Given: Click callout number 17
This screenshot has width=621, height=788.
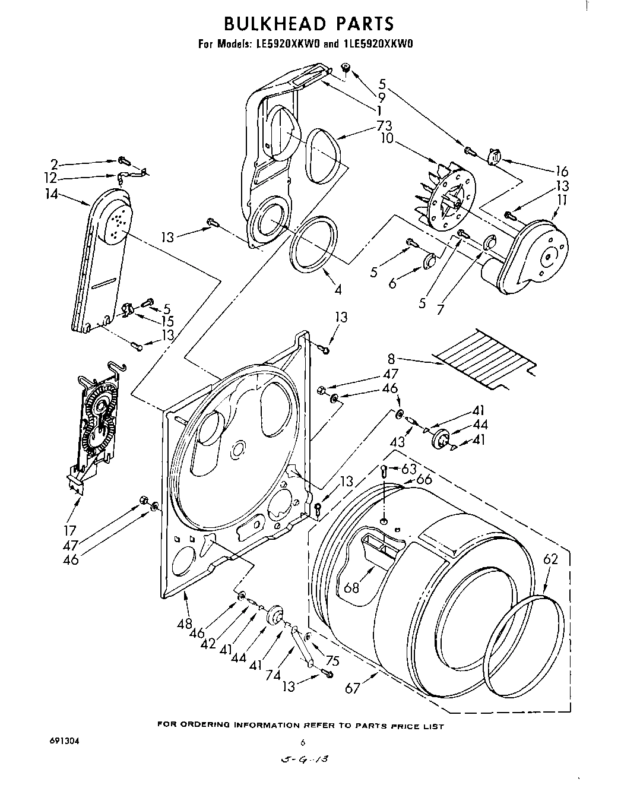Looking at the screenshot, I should tap(70, 530).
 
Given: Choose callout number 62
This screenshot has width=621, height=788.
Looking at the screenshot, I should tap(552, 559).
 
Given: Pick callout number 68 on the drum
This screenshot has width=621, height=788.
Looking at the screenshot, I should tap(351, 588).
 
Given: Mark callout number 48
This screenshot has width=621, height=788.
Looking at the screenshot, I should tap(185, 624).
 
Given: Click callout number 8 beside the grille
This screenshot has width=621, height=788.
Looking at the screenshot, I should tap(391, 359).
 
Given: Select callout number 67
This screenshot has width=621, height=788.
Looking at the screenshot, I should tap(353, 688).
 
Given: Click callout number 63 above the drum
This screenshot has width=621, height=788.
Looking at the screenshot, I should tap(409, 469).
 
